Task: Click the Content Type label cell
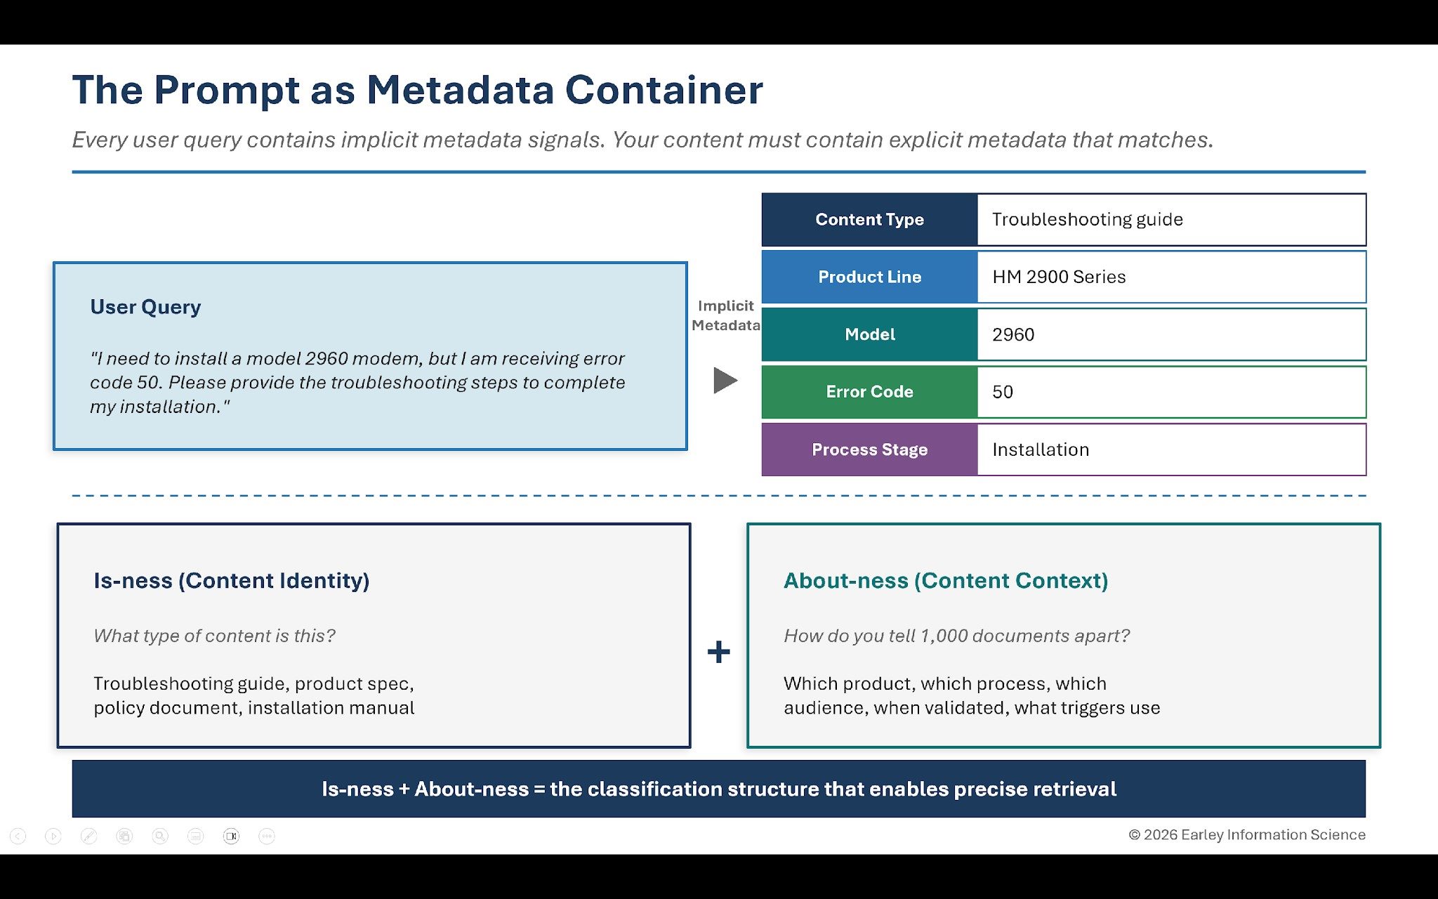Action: coord(869,220)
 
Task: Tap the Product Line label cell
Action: coord(869,277)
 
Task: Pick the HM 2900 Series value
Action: coord(1059,277)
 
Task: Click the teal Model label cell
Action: coord(869,335)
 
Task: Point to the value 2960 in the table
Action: coord(1013,335)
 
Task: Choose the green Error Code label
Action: coord(869,392)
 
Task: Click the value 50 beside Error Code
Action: coord(1003,392)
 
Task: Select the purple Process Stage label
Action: coord(869,449)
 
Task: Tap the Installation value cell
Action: coord(1041,449)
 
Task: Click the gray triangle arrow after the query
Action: coord(725,381)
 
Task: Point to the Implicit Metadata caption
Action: coord(725,315)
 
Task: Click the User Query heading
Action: coord(145,307)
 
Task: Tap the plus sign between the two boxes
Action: coord(718,652)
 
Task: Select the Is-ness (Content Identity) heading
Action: coord(232,581)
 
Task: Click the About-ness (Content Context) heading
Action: coord(946,581)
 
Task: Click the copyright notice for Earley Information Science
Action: coord(1247,834)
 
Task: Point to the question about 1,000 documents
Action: coord(957,636)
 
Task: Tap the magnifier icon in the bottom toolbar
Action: coord(160,836)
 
